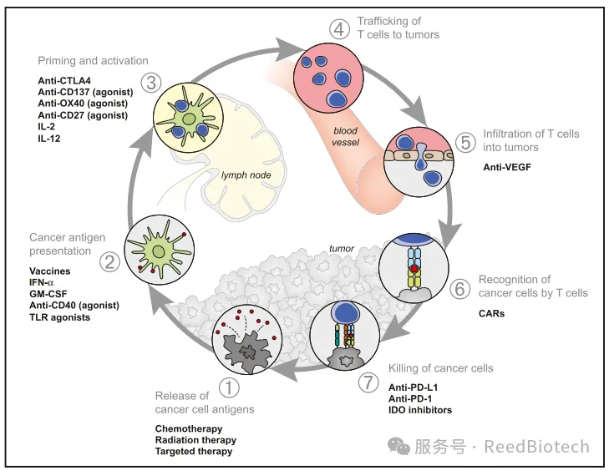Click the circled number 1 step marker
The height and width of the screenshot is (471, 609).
click(228, 387)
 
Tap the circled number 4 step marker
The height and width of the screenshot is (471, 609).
click(339, 29)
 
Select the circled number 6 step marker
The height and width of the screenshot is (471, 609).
click(459, 289)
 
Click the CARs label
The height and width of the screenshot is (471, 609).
click(491, 314)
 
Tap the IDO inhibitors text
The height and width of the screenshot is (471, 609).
click(420, 410)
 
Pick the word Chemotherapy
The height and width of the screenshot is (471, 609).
click(189, 428)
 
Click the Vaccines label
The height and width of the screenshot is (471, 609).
click(49, 271)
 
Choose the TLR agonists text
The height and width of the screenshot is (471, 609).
click(59, 317)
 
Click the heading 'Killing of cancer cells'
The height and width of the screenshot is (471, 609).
click(441, 368)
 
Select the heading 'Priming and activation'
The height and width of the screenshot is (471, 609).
click(93, 61)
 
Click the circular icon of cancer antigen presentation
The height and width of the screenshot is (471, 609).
click(158, 250)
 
